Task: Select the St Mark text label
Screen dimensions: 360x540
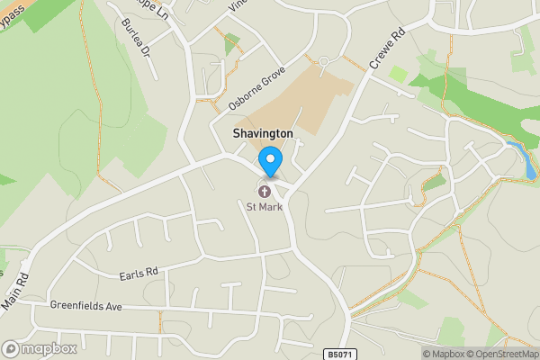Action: [265, 207]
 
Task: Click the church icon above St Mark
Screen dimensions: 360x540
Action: [265, 191]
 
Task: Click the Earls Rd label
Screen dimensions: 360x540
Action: [138, 271]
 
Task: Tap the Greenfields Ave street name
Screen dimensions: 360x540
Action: [86, 306]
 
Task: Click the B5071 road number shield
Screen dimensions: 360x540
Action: [337, 353]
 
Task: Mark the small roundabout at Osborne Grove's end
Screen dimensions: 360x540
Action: [325, 59]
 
